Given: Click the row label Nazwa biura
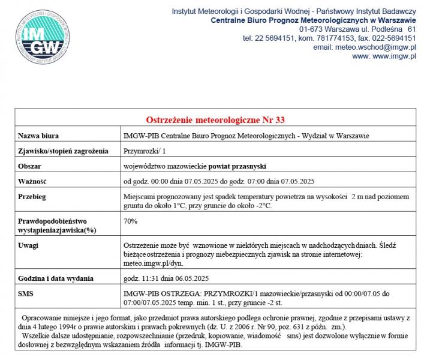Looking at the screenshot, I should (39, 136).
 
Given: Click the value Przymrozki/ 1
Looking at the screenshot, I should (146, 151).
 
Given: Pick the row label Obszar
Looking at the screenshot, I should (30, 166).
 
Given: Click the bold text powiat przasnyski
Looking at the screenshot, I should (237, 166).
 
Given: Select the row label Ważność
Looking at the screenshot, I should (32, 181).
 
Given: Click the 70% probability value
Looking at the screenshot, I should (130, 221).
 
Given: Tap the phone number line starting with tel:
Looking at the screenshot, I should (329, 38).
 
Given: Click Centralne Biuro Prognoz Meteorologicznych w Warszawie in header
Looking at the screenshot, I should (313, 20).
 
